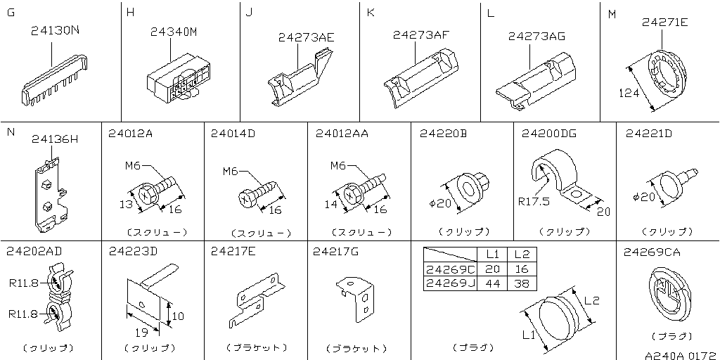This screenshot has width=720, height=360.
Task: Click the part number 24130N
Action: pyautogui.click(x=55, y=31)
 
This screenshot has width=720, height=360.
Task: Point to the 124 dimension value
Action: pyautogui.click(x=629, y=94)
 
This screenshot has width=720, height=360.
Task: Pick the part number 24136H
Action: pyautogui.click(x=55, y=139)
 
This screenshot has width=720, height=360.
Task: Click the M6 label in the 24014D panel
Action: pyautogui.click(x=231, y=172)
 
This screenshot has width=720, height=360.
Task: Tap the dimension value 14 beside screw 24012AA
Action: pyautogui.click(x=332, y=205)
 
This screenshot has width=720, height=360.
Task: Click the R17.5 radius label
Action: pyautogui.click(x=534, y=202)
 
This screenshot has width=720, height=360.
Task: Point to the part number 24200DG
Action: pyautogui.click(x=549, y=134)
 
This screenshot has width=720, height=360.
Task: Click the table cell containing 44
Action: pyautogui.click(x=493, y=283)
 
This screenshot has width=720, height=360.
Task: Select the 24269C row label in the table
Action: pyautogui.click(x=451, y=269)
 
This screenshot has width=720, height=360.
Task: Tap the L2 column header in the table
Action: pyautogui.click(x=522, y=255)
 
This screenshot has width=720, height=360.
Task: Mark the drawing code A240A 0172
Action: pyautogui.click(x=681, y=355)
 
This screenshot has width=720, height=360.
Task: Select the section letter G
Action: pyautogui.click(x=11, y=13)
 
